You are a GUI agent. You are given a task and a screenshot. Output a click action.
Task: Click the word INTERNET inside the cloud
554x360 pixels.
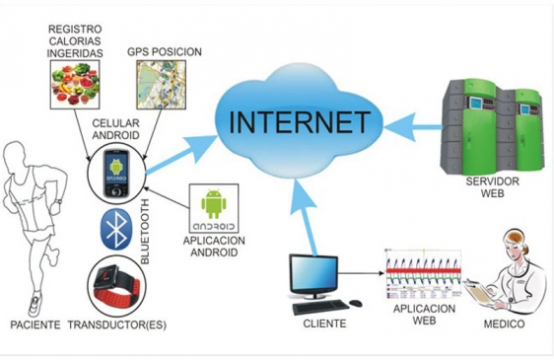point(300,121)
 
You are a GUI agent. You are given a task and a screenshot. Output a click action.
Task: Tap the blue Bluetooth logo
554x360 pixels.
point(117,229)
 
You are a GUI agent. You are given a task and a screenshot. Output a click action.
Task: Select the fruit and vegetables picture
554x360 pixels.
point(75,84)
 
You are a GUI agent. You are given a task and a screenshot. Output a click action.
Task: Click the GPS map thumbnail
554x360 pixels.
point(161,84)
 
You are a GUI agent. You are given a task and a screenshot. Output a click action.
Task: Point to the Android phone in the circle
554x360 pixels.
point(115,174)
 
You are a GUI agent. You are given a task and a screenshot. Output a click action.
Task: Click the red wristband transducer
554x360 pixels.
point(116,286)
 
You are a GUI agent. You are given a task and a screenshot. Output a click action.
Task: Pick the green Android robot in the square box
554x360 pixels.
point(213,204)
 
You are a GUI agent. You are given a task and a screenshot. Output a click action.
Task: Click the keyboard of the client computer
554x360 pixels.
point(320,307)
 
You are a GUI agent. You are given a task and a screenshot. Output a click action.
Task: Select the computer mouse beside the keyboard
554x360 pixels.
point(356,303)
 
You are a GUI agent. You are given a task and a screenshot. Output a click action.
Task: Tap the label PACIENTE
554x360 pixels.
point(35,324)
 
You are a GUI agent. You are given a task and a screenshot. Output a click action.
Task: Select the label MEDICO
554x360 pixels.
point(504,324)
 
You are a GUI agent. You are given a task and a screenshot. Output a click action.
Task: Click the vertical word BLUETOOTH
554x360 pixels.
point(145,231)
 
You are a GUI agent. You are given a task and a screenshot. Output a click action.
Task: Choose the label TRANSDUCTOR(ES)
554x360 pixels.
point(117,324)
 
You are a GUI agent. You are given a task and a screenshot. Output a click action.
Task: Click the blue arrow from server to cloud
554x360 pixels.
point(413,127)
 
